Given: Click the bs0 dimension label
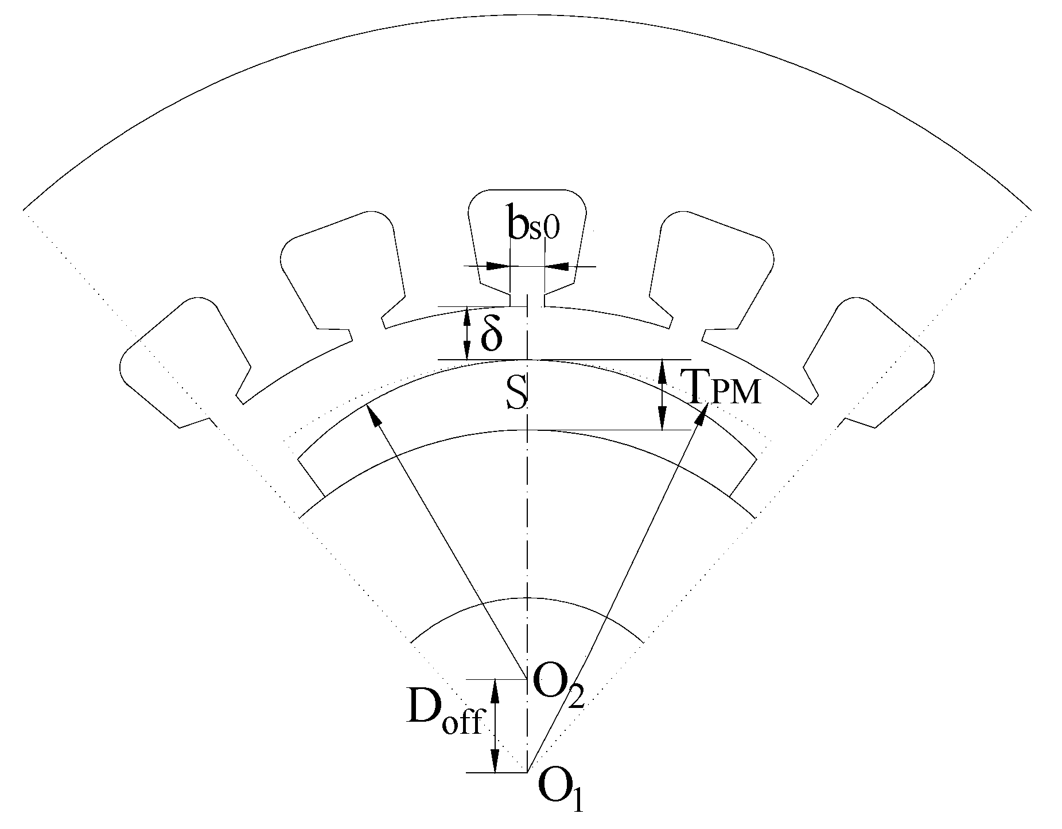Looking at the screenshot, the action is [x=532, y=223].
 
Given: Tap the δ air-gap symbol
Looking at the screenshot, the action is [x=492, y=337].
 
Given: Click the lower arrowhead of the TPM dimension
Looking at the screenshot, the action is [x=663, y=419].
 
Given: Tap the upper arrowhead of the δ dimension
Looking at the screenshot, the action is [x=467, y=316].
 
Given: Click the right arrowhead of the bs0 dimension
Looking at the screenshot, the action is [x=557, y=266].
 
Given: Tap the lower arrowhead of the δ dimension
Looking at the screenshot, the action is [x=467, y=351].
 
